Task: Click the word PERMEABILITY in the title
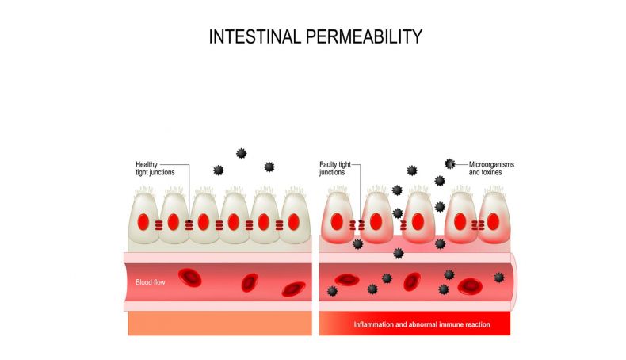click(364, 36)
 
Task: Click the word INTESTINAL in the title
click(254, 36)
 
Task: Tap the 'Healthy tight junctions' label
click(155, 168)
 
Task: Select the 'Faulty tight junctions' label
click(335, 168)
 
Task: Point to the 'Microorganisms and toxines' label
click(491, 168)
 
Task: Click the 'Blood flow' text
click(150, 282)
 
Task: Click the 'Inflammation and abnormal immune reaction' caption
click(422, 324)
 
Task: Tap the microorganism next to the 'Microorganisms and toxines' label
click(450, 164)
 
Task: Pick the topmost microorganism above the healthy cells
click(241, 153)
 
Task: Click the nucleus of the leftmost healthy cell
click(143, 222)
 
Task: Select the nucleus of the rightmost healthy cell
click(293, 222)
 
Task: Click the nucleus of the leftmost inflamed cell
click(337, 222)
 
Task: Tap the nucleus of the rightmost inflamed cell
click(493, 222)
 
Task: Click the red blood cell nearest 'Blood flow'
click(189, 278)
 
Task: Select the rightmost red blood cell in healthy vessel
click(293, 289)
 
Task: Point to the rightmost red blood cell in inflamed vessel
click(470, 286)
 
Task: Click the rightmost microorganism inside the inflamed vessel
click(499, 278)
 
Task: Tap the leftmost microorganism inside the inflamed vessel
click(332, 291)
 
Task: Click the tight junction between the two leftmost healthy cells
click(158, 225)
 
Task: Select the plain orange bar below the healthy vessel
click(220, 324)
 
